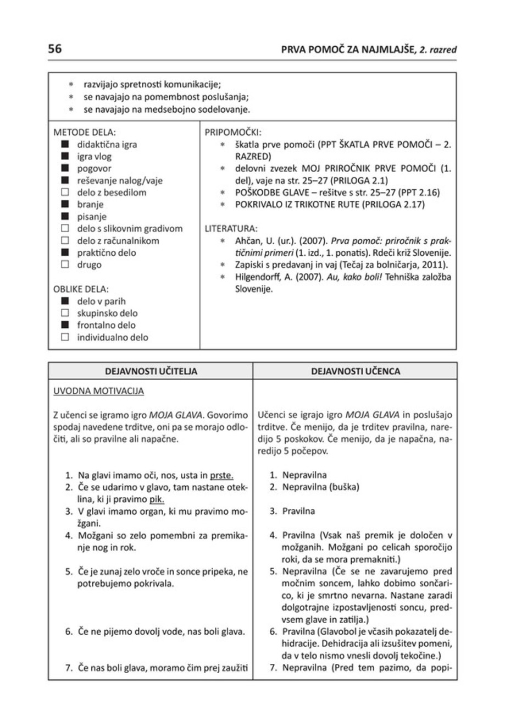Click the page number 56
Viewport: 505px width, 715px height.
pos(54,49)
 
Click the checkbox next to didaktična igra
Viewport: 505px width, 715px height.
pos(65,145)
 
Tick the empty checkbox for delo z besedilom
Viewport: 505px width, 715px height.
pos(65,193)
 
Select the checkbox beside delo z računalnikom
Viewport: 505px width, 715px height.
pos(65,240)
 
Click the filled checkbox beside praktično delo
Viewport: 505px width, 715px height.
pos(65,252)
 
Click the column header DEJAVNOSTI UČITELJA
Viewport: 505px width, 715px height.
pos(151,371)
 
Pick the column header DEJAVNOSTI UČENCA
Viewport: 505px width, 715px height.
pos(355,371)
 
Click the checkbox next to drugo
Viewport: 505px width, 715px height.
pos(65,265)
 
